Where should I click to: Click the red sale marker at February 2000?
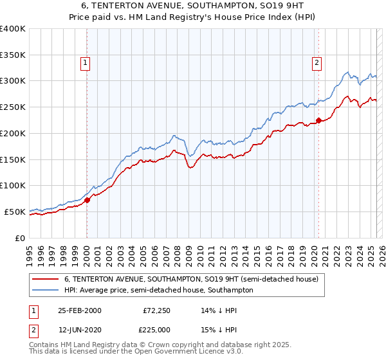87,199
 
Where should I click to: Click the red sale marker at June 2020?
318,120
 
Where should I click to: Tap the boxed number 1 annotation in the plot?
86,62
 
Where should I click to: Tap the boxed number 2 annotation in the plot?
317,62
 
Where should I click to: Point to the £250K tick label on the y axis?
13,107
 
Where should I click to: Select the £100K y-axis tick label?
13,185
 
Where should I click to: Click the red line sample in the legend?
45,280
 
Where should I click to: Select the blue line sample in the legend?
45,291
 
